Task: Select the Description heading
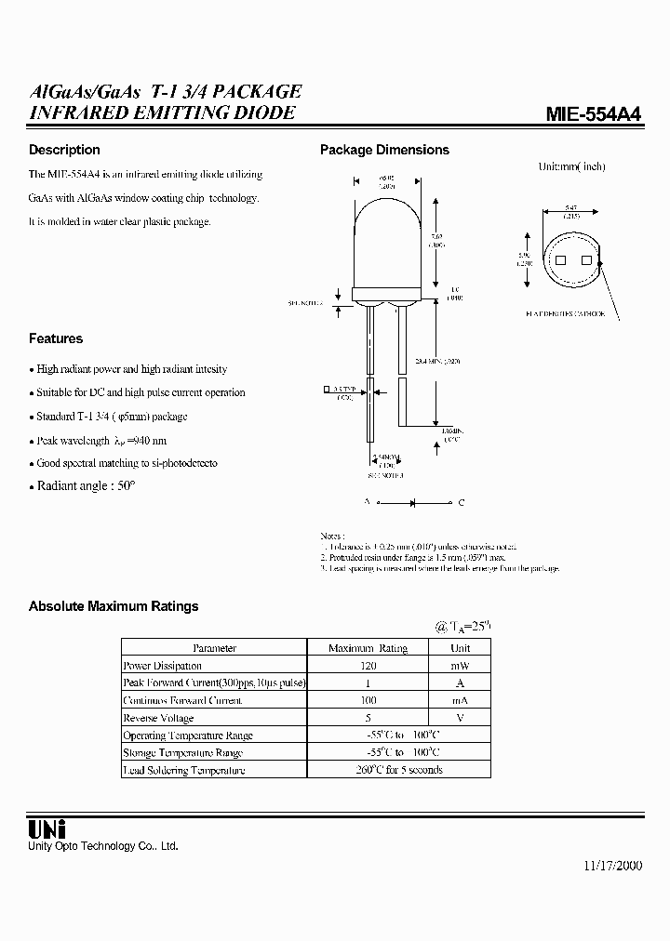(64, 150)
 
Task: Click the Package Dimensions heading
(384, 150)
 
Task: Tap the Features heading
(56, 338)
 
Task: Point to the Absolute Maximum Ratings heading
(114, 606)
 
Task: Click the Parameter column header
(214, 648)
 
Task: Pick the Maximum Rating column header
(368, 648)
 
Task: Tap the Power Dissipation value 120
(368, 666)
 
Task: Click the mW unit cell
(461, 666)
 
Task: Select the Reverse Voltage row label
(159, 718)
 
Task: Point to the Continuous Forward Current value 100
(368, 700)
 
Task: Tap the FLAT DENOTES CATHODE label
(565, 314)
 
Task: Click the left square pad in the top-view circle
(560, 262)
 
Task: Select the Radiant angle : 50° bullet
(86, 486)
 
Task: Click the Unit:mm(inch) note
(571, 166)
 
